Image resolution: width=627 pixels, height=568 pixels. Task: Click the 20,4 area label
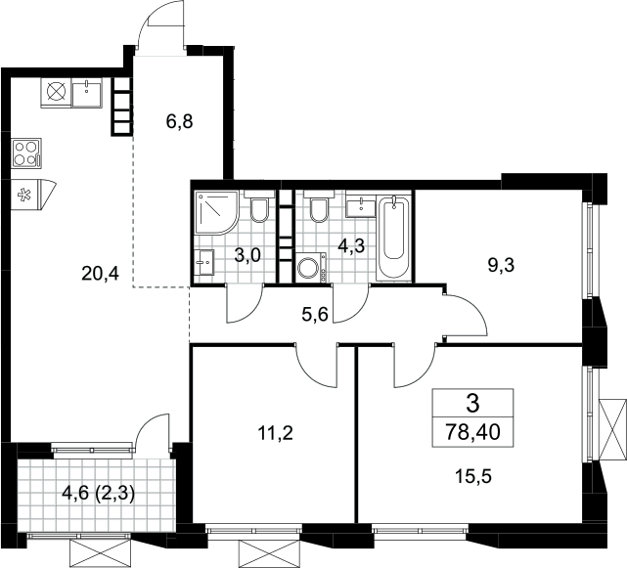pyautogui.click(x=100, y=274)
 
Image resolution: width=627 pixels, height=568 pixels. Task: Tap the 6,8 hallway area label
pyautogui.click(x=180, y=121)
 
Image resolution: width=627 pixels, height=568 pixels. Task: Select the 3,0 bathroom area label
pyautogui.click(x=247, y=254)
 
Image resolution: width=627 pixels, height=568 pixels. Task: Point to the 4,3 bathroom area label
pyautogui.click(x=351, y=246)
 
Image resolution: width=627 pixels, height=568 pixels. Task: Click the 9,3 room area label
pyautogui.click(x=502, y=265)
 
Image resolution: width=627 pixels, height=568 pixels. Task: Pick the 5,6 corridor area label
pyautogui.click(x=315, y=315)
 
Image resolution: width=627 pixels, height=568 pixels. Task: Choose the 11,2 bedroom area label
pyautogui.click(x=276, y=432)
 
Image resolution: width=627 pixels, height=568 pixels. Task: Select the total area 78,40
pyautogui.click(x=473, y=432)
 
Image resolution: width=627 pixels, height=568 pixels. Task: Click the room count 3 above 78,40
pyautogui.click(x=472, y=404)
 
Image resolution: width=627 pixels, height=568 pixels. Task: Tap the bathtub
pyautogui.click(x=394, y=237)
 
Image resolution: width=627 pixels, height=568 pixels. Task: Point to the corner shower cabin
pyautogui.click(x=216, y=213)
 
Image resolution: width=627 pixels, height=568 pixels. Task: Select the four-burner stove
pyautogui.click(x=26, y=153)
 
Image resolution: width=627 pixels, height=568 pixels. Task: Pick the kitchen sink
pyautogui.click(x=87, y=92)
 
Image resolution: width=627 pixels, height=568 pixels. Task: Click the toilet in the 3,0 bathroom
pyautogui.click(x=259, y=206)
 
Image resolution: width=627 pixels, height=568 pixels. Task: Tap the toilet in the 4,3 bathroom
pyautogui.click(x=319, y=206)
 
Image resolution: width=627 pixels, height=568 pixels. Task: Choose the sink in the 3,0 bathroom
pyautogui.click(x=204, y=263)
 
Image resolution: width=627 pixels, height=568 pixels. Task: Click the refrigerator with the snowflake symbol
pyautogui.click(x=31, y=195)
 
